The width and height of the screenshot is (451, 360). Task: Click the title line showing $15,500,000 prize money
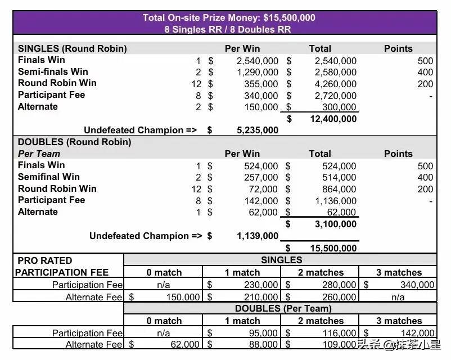point(229,17)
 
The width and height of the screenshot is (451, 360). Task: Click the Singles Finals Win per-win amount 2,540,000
point(258,61)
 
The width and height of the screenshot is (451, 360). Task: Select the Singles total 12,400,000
point(333,119)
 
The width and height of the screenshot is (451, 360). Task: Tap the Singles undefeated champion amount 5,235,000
point(258,130)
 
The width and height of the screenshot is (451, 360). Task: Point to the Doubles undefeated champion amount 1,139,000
point(258,236)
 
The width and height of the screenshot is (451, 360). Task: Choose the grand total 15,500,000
point(333,248)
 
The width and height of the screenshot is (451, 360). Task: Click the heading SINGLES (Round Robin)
point(73,48)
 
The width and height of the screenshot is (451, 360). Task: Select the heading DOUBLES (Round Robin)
point(74,142)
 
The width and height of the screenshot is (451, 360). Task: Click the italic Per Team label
point(39,154)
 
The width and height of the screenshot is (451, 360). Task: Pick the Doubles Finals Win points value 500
point(425,166)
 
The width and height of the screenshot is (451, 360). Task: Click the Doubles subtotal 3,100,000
point(335,224)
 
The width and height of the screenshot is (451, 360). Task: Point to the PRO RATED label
point(45,260)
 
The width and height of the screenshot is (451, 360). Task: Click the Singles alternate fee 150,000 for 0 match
point(183,297)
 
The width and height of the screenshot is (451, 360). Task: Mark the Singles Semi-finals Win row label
point(53,71)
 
